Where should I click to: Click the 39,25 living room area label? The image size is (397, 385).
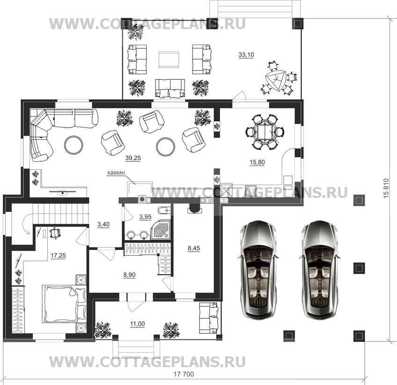(133, 158)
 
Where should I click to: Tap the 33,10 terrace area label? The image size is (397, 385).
(246, 54)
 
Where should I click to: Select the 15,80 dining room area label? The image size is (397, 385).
(257, 162)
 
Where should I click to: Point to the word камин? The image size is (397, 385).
(116, 173)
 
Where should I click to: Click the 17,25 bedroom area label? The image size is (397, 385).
(58, 256)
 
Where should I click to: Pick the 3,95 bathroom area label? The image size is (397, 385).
(145, 217)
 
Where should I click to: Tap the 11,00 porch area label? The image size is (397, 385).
(138, 324)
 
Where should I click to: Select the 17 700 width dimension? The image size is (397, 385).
(184, 374)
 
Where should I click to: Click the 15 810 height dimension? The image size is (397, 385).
(386, 188)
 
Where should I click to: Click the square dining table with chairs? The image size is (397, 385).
(265, 132)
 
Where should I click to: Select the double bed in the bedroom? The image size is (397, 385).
(61, 303)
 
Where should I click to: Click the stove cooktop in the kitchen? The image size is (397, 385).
(250, 191)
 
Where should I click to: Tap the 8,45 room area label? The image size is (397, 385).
(194, 248)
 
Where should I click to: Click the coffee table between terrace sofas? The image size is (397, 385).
(169, 60)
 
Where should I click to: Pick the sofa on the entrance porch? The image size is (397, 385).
(209, 318)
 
